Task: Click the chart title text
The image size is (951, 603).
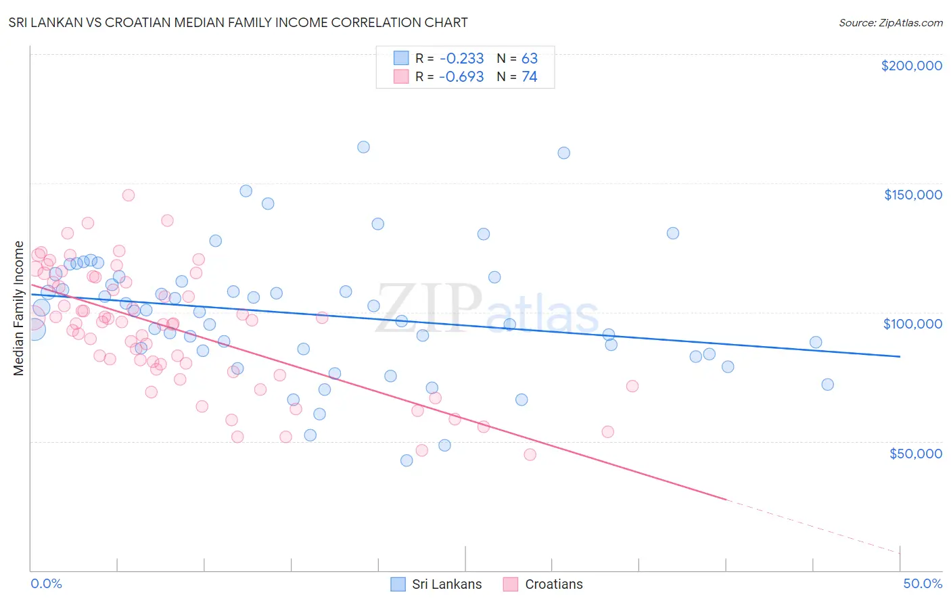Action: click(x=238, y=22)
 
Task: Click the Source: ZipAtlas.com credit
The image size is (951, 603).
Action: click(x=890, y=22)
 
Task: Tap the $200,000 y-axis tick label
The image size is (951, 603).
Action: click(x=911, y=66)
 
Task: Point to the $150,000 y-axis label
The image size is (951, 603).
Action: click(x=912, y=195)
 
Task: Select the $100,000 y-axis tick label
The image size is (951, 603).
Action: click(x=912, y=324)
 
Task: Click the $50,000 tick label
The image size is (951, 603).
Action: click(x=915, y=453)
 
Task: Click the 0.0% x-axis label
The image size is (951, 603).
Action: click(x=46, y=583)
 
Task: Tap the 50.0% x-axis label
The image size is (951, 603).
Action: click(x=923, y=583)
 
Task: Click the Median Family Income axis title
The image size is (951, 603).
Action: click(x=18, y=308)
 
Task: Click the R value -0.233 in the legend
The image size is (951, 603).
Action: click(x=461, y=58)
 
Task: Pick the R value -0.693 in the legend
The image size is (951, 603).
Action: click(x=461, y=76)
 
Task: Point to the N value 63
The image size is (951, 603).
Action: click(x=529, y=58)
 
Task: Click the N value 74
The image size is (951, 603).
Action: click(x=529, y=76)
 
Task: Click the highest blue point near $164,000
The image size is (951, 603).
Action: click(x=363, y=147)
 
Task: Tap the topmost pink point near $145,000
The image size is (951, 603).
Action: click(x=129, y=195)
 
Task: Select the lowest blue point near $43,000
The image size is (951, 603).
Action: click(x=407, y=460)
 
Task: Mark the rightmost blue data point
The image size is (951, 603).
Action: click(x=827, y=385)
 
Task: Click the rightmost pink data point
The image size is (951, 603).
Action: click(x=632, y=386)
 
